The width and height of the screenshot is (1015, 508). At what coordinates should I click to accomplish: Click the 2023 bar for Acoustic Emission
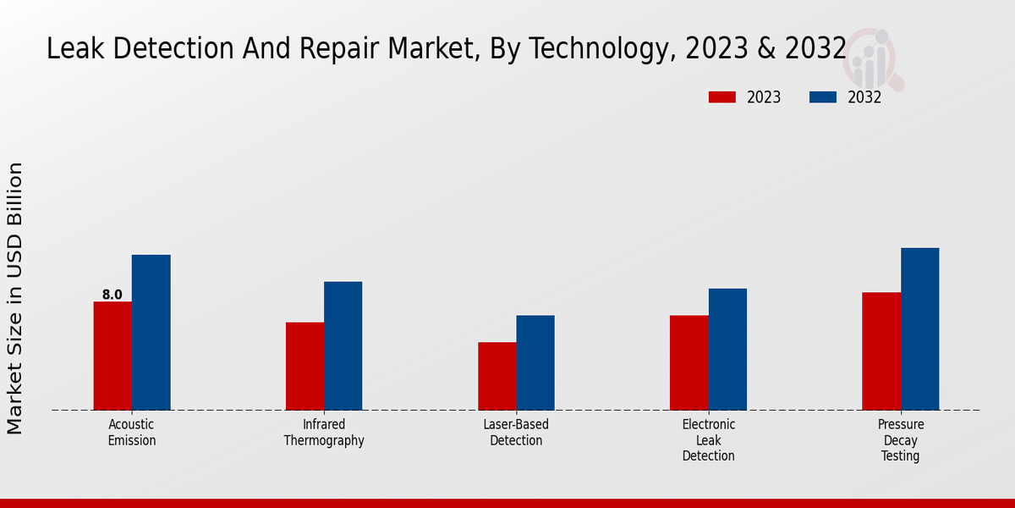pyautogui.click(x=112, y=356)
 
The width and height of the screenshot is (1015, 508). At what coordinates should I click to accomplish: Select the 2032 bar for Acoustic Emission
pyautogui.click(x=151, y=332)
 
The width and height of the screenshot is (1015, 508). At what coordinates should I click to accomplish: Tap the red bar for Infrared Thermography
pyautogui.click(x=304, y=366)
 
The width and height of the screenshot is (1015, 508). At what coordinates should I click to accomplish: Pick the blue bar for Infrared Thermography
pyautogui.click(x=343, y=345)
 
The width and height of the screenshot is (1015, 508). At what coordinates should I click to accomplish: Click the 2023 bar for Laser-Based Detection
pyautogui.click(x=497, y=376)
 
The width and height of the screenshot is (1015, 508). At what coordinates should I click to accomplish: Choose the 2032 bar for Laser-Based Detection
pyautogui.click(x=535, y=362)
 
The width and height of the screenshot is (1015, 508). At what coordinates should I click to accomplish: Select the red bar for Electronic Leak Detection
pyautogui.click(x=689, y=362)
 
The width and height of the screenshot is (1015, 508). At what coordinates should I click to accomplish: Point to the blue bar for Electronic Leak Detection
pyautogui.click(x=727, y=349)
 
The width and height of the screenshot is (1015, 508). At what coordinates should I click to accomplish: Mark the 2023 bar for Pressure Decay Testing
pyautogui.click(x=881, y=351)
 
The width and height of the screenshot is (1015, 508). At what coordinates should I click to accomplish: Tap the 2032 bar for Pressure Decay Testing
pyautogui.click(x=919, y=329)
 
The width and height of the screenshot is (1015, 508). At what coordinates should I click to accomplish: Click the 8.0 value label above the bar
pyautogui.click(x=112, y=295)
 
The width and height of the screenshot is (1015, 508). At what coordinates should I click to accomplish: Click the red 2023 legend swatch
pyautogui.click(x=721, y=97)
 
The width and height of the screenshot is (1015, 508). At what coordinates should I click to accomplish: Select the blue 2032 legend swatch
pyautogui.click(x=823, y=97)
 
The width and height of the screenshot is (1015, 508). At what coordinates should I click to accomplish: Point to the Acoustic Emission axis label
pyautogui.click(x=132, y=433)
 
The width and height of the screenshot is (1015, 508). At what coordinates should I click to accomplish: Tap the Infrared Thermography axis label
pyautogui.click(x=324, y=433)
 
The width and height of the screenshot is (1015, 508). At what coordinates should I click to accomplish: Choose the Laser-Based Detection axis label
pyautogui.click(x=516, y=433)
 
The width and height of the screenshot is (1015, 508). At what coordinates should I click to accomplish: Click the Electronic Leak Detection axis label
pyautogui.click(x=709, y=440)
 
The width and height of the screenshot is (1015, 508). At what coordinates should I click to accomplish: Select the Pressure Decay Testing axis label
pyautogui.click(x=901, y=440)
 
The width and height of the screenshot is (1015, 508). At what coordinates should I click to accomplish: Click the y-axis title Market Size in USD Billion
pyautogui.click(x=15, y=298)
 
